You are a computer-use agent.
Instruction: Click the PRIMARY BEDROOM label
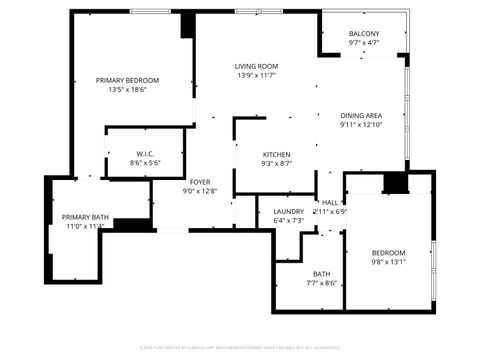(x=127, y=80)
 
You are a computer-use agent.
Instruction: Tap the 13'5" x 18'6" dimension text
(x=127, y=90)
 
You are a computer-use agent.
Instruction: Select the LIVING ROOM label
(x=257, y=66)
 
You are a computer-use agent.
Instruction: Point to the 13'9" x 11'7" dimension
(x=257, y=76)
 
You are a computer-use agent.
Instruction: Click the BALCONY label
(x=364, y=33)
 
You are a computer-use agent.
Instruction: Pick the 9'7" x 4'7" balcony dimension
(x=364, y=43)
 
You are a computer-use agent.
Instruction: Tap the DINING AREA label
(x=360, y=115)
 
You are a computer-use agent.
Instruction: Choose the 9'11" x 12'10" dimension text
(x=360, y=125)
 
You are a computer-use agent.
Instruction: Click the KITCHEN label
(x=277, y=153)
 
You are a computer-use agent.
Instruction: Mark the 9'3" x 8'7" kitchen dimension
(x=277, y=163)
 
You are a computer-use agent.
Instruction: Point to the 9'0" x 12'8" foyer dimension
(x=200, y=191)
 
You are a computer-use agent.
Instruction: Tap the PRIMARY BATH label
(x=85, y=217)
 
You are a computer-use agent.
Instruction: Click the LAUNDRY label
(x=288, y=211)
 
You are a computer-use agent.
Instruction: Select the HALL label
(x=330, y=202)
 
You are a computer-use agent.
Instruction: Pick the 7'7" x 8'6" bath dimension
(x=321, y=283)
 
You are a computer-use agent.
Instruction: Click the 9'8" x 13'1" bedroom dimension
(x=388, y=263)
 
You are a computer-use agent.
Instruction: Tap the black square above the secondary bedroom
(x=396, y=184)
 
